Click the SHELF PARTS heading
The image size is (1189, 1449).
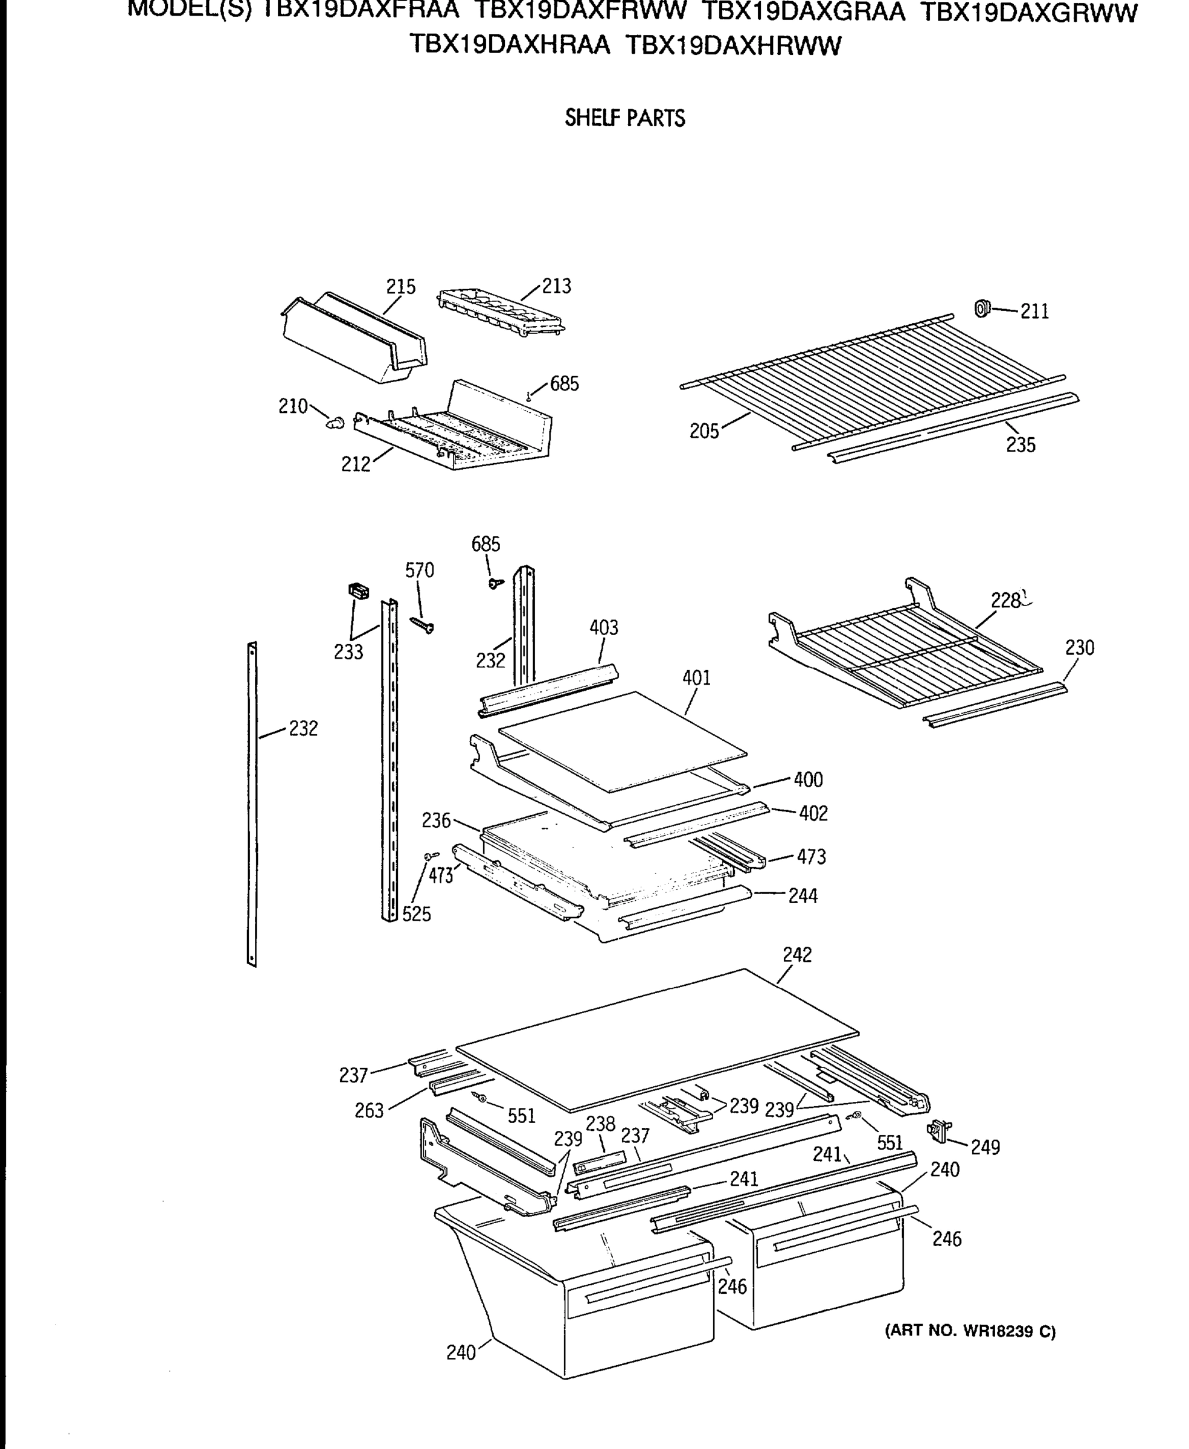pos(624,118)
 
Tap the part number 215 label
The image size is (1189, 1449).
pos(401,286)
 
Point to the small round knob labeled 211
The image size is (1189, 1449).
pos(982,309)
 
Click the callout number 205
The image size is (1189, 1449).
pos(704,432)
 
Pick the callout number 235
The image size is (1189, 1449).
pos(1021,445)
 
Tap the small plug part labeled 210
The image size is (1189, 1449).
pos(335,423)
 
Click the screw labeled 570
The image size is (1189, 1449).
pos(422,624)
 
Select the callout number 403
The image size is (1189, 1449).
pos(603,627)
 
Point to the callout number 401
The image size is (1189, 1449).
pos(696,678)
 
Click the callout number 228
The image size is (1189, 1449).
pos(1005,601)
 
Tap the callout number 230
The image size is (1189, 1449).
pos(1080,647)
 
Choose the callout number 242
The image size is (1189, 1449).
pos(797,955)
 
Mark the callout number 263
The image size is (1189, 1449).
pos(368,1110)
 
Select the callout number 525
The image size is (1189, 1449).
pos(417,914)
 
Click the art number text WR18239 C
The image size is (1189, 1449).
pos(970,1331)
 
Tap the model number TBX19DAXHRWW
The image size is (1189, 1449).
pos(734,46)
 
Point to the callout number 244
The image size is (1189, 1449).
pos(803,896)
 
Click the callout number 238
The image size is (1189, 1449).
pos(601,1123)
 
